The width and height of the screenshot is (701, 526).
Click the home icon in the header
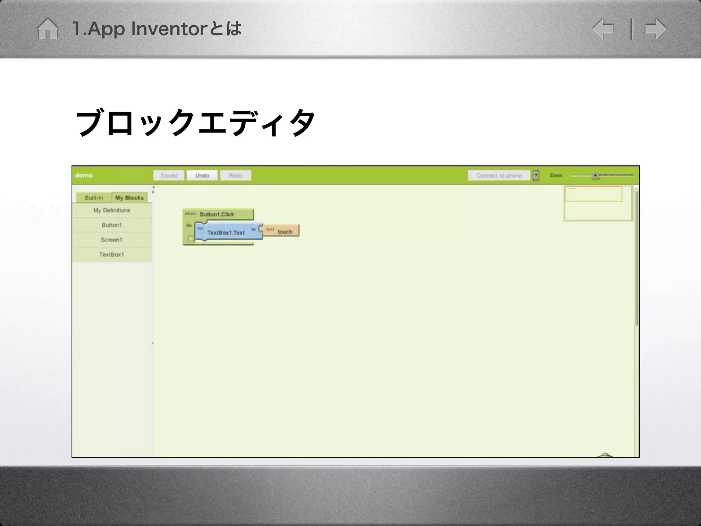(x=48, y=29)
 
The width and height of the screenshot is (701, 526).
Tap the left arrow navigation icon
(x=603, y=29)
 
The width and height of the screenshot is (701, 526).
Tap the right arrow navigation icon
(x=655, y=29)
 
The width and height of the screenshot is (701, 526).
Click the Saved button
(x=169, y=175)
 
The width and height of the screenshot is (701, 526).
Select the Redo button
(x=235, y=175)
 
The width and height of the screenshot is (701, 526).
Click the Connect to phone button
(x=499, y=175)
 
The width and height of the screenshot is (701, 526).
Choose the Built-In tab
(x=94, y=198)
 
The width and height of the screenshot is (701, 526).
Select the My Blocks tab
(x=129, y=198)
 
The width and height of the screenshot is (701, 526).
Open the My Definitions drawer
(x=112, y=210)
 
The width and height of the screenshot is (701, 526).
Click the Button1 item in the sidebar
(x=112, y=225)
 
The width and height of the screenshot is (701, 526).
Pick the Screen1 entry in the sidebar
(x=112, y=240)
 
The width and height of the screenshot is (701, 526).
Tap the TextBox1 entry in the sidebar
(x=112, y=254)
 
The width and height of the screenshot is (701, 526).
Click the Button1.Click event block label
(x=217, y=214)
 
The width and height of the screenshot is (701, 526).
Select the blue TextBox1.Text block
(x=226, y=233)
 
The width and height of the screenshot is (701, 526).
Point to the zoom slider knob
(x=595, y=175)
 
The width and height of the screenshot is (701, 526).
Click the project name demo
(x=84, y=175)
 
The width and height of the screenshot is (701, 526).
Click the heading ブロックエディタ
(x=195, y=123)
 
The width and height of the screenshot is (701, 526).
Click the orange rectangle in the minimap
(x=593, y=194)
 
